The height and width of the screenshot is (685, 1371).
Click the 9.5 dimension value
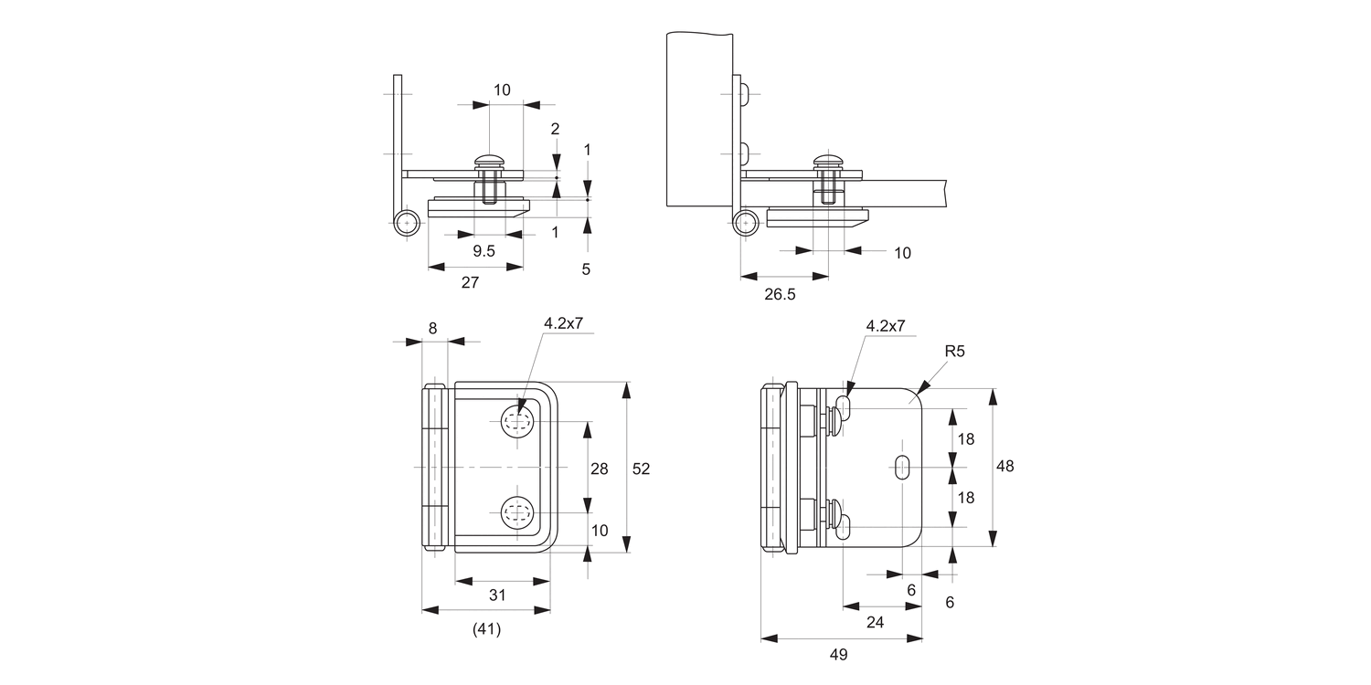[x=484, y=251]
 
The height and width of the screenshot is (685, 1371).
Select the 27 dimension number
[x=470, y=282]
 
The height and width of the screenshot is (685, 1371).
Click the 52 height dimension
[x=641, y=469]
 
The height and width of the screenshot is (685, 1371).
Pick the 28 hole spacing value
[x=600, y=469]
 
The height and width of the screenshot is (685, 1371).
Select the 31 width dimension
[x=496, y=595]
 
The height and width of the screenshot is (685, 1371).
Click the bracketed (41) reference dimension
[x=486, y=628]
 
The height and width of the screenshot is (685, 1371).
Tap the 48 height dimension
[x=1004, y=466]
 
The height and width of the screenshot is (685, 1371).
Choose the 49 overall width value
[x=839, y=654]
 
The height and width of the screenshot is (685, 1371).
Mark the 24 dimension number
[x=875, y=621]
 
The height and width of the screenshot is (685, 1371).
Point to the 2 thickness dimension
[x=555, y=129]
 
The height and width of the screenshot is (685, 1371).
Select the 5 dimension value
[x=586, y=269]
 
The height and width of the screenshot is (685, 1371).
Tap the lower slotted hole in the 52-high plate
[x=517, y=512]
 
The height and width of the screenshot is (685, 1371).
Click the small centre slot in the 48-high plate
[x=902, y=467]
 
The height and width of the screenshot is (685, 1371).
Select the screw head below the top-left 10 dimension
[x=490, y=162]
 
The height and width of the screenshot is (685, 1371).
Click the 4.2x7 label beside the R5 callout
[x=885, y=325]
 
